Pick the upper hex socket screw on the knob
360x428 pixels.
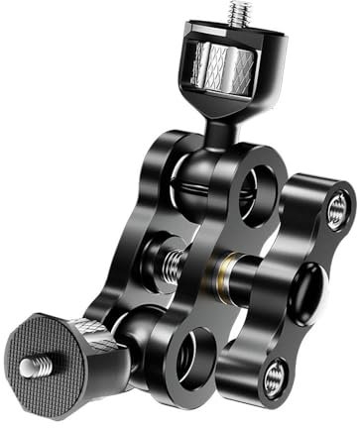(x=337, y=209)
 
